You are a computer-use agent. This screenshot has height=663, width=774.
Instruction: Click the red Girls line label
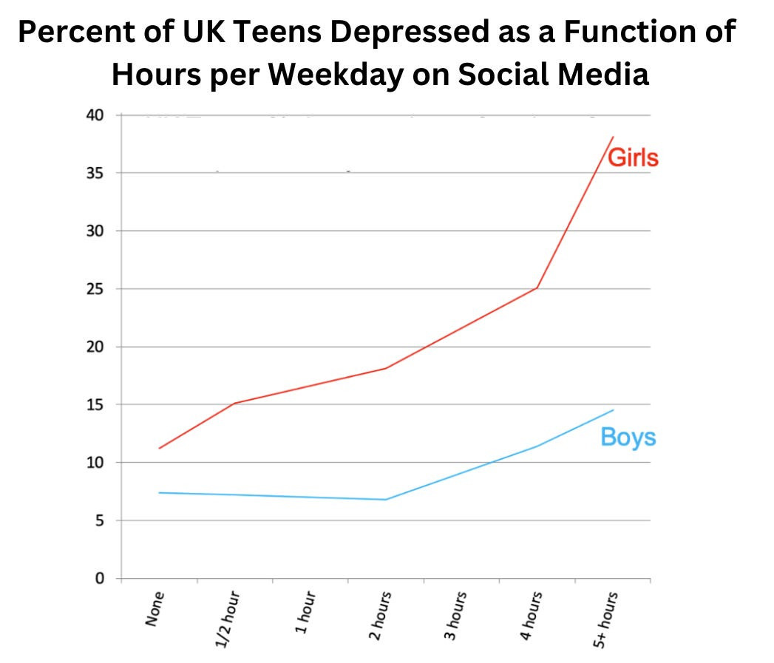point(633,157)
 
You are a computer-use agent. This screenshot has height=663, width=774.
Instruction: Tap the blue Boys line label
point(628,437)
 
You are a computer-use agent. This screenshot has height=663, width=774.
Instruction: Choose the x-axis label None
point(154,608)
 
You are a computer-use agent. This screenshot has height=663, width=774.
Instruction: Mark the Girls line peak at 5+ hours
point(613,137)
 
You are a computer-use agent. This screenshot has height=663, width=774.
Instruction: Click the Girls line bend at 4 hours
point(537,288)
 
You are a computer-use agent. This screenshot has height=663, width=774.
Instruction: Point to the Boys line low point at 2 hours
point(385,500)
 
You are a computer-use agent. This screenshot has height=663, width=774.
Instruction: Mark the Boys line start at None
point(159,493)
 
